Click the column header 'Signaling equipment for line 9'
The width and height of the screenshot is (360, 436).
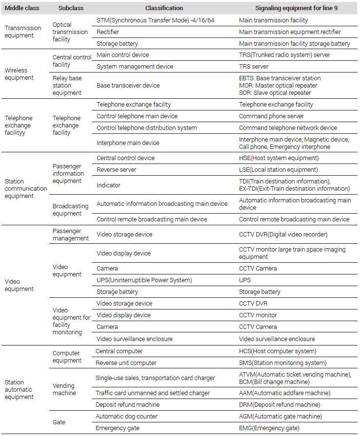(296, 8)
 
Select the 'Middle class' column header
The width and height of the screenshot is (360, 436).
(22, 8)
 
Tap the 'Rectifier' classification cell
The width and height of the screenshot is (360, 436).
(108, 32)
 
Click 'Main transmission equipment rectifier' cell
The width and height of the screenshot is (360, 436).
(290, 32)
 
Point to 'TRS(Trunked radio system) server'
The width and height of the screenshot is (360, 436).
(284, 55)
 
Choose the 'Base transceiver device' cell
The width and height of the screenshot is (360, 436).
(128, 86)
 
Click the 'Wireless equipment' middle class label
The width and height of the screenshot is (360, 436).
(19, 74)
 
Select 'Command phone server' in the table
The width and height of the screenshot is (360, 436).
(271, 116)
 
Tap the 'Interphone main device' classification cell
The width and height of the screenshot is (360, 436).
(128, 143)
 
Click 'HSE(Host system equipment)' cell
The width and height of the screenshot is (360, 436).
(279, 158)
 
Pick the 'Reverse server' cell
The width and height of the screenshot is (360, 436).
(116, 170)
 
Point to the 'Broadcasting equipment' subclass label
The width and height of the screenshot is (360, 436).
(71, 210)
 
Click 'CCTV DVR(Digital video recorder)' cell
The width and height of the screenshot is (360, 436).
(283, 235)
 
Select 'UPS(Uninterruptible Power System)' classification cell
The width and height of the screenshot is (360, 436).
(144, 280)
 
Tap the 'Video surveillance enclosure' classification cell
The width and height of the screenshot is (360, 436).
(134, 339)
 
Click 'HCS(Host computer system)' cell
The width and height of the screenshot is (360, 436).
(277, 351)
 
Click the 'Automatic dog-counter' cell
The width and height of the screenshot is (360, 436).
(127, 417)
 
